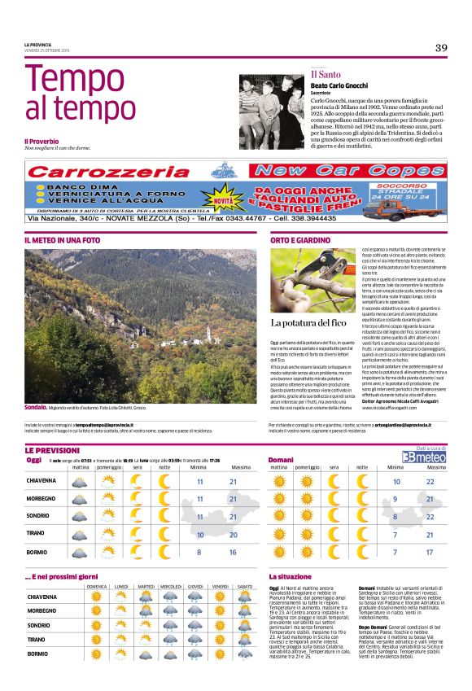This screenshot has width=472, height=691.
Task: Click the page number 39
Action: coord(440,48)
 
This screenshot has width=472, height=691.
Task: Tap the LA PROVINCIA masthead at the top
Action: coord(38,44)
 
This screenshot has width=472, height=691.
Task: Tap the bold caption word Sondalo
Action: coord(35,406)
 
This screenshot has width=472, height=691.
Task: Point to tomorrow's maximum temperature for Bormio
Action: coord(430,552)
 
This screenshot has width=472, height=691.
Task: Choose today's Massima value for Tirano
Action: coord(234,534)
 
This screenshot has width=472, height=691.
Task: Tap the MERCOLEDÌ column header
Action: coord(170,586)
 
